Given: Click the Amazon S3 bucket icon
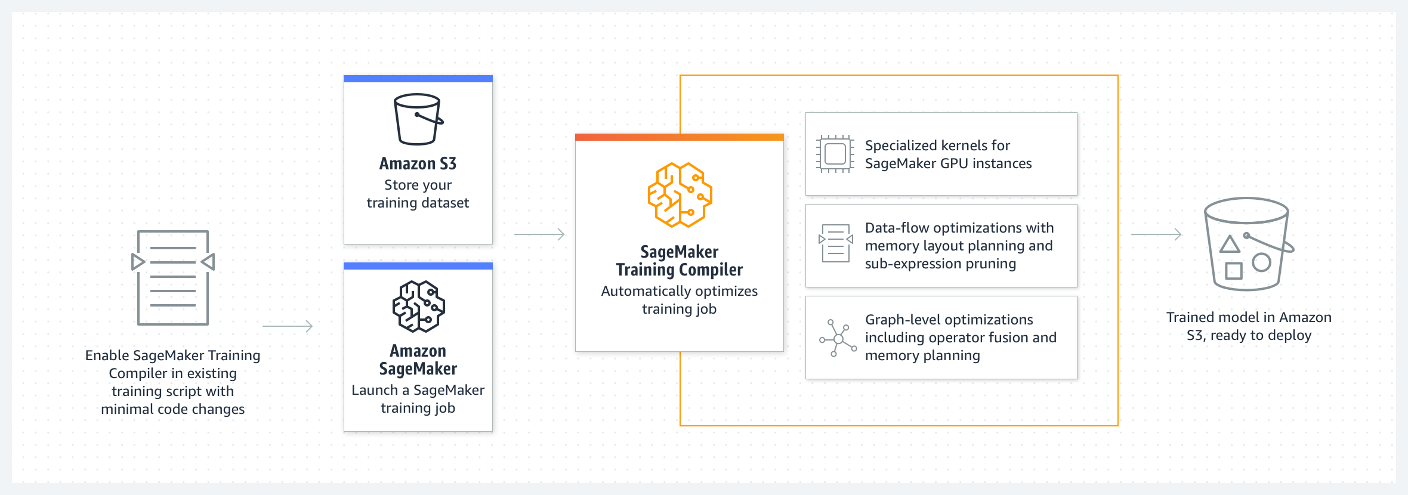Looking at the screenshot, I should (x=418, y=119).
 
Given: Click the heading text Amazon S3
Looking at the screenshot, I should (x=418, y=163).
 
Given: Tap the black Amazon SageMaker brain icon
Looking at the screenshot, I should (x=418, y=307).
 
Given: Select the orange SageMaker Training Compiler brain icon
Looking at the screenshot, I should (x=680, y=195).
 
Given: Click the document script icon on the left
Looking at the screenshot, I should (x=173, y=277).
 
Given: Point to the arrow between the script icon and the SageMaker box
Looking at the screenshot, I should (x=288, y=326).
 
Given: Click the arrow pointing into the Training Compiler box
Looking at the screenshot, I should (x=539, y=234).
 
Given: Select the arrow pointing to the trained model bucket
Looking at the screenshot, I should (x=1156, y=234).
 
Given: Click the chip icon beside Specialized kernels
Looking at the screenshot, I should (x=835, y=154).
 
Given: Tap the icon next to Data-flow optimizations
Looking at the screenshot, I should (x=835, y=243).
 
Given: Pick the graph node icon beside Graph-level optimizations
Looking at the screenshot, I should (x=838, y=338).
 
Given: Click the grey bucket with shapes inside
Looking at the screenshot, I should (x=1247, y=245).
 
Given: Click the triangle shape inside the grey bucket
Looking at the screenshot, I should (x=1230, y=245).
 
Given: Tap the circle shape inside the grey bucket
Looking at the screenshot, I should (x=1261, y=262).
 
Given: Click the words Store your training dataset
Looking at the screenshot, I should (x=418, y=194).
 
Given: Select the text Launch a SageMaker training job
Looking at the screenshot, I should (x=418, y=399).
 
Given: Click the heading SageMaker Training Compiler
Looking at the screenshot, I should (x=679, y=261).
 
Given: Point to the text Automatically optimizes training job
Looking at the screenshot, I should (x=679, y=300).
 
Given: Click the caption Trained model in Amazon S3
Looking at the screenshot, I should (x=1249, y=326).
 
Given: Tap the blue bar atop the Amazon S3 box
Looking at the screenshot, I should (x=418, y=79).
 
